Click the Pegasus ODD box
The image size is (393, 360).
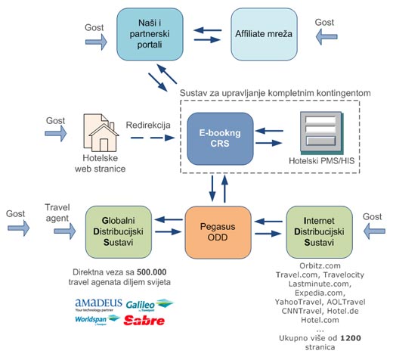click(218, 232)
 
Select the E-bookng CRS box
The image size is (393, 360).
click(220, 138)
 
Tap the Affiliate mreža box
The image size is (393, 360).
click(264, 34)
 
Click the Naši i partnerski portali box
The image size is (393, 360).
click(150, 34)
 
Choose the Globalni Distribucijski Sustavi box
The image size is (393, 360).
click(119, 232)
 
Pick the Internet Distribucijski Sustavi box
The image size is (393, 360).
click(319, 232)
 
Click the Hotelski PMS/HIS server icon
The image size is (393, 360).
click(322, 133)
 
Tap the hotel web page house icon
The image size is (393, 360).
click(101, 133)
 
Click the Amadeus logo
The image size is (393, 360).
click(98, 305)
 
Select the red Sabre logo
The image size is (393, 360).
click(144, 321)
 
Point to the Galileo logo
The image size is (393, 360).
click(150, 305)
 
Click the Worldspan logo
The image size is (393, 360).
click(97, 320)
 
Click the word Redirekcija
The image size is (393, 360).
click(148, 125)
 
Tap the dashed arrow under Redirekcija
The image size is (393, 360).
click(153, 138)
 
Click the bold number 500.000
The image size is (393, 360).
click(152, 272)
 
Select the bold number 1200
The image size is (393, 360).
click(351, 338)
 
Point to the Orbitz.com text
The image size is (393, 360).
click(320, 265)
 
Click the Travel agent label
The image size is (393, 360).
click(57, 213)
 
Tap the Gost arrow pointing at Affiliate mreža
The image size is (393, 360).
click(326, 37)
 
